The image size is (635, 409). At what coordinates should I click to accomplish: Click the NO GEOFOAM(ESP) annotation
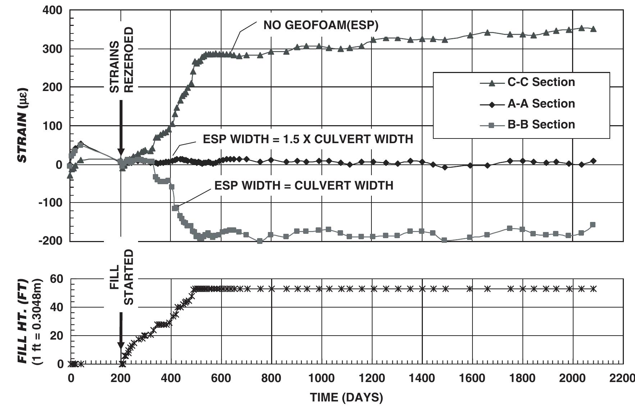coord(321,25)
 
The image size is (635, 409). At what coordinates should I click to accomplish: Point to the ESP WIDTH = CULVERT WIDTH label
coord(304,185)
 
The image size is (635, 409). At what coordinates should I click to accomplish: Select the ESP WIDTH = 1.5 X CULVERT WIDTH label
coord(308,139)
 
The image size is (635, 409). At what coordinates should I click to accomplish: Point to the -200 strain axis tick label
coord(50,241)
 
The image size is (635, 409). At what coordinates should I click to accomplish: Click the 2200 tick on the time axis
coord(623,378)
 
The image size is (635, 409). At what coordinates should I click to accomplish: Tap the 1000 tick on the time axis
coord(321,378)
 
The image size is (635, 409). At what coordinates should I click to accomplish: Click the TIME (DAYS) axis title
coord(347,397)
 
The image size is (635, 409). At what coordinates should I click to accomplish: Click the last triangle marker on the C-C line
coord(593,29)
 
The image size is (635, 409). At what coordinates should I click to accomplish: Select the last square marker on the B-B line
coord(593,225)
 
